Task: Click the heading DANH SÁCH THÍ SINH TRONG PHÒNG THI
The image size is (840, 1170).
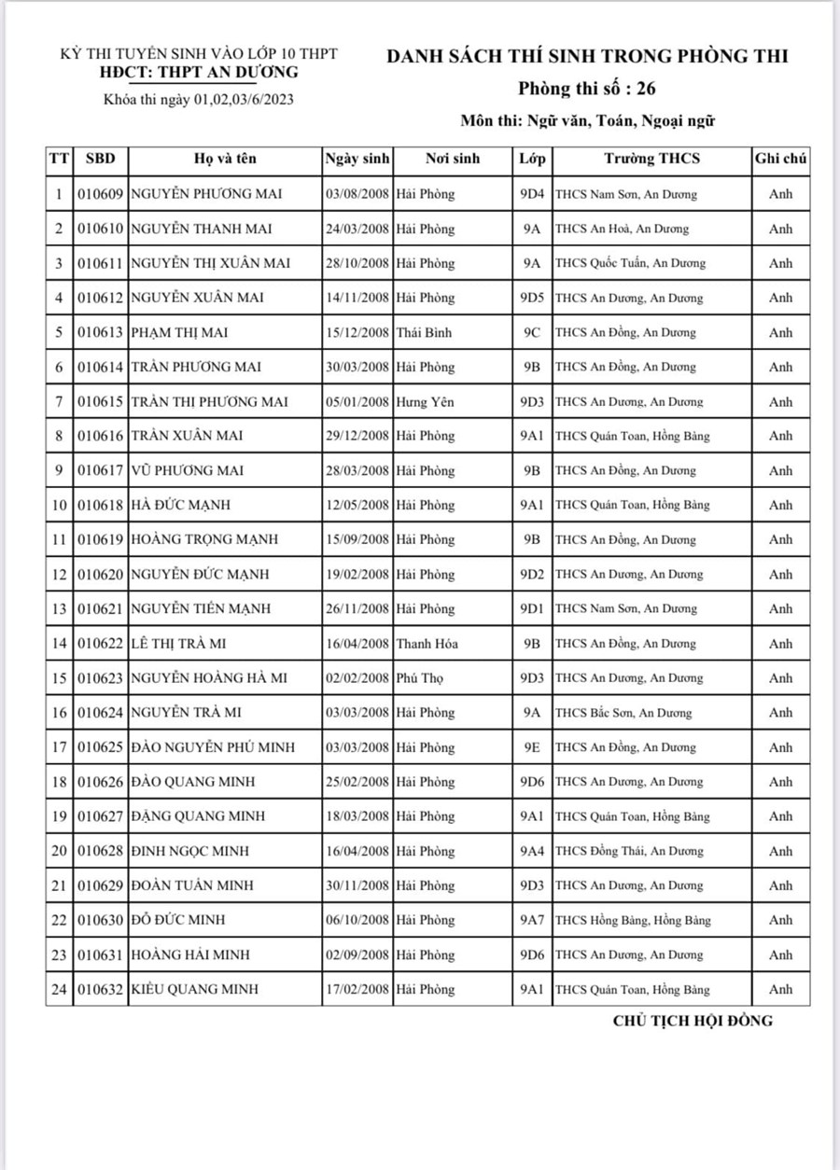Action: coord(587,57)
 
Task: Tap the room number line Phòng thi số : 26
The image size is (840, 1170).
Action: coord(587,90)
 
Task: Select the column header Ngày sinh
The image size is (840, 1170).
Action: coord(357,159)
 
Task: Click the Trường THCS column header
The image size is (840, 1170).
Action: coord(651,159)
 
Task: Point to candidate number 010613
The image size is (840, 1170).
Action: coord(100,332)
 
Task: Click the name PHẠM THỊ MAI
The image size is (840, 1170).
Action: coord(179,332)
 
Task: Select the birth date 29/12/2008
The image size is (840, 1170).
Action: coord(357,436)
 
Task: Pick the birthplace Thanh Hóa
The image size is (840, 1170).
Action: coord(427,644)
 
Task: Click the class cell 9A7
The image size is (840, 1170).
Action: coord(532,920)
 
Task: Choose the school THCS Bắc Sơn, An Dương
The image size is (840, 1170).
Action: coord(623,713)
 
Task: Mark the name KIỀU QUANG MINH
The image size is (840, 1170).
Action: coord(194,989)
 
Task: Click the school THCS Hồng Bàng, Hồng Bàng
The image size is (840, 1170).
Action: coord(633,920)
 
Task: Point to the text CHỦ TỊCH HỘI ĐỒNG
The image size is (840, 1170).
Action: coord(693,1021)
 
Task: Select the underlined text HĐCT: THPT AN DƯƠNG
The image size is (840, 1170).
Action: coord(200,72)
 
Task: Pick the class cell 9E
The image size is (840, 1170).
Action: coord(532,747)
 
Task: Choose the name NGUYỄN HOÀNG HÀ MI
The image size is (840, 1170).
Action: coord(208,678)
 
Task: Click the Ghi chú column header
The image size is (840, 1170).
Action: coord(780,159)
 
